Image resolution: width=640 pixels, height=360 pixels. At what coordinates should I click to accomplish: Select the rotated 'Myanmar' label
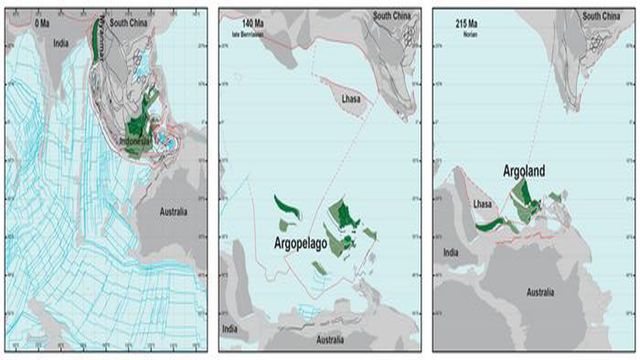click(98, 41)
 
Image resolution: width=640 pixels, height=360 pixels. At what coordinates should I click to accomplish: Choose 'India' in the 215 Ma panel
click(451, 252)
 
